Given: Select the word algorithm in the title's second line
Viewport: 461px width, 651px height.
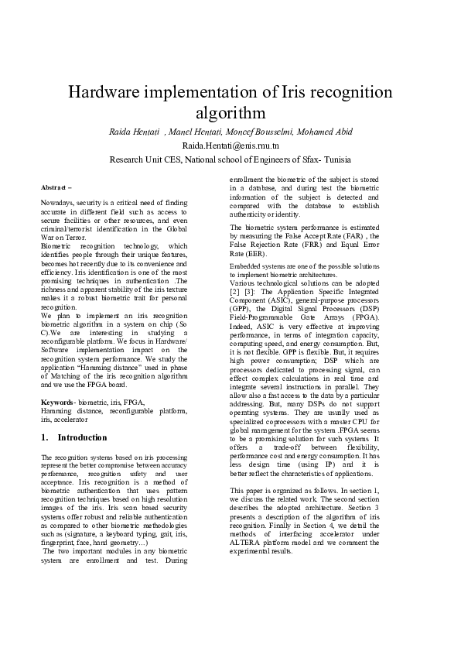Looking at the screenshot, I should [230, 114].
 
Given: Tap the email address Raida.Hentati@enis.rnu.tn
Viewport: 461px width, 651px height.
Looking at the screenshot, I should [230, 146].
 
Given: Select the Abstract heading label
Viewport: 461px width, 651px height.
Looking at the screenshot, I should [54, 188].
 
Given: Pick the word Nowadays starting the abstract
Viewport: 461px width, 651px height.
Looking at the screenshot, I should [57, 201].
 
